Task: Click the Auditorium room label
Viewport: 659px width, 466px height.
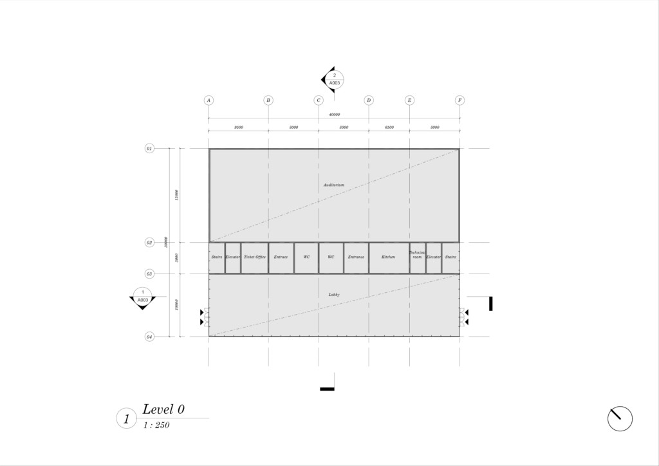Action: (333, 185)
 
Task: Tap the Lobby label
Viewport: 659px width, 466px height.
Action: (333, 294)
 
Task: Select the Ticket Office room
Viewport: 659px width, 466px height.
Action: (255, 257)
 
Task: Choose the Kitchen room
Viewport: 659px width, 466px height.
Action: (388, 257)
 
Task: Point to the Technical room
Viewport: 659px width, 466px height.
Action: (417, 257)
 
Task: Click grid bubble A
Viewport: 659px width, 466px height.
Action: (209, 100)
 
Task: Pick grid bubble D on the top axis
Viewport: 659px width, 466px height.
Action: (369, 100)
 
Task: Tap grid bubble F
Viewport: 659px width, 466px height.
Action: (459, 100)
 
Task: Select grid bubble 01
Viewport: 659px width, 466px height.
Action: (149, 149)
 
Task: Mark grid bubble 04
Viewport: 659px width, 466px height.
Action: (149, 336)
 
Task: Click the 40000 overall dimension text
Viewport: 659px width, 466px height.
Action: (334, 115)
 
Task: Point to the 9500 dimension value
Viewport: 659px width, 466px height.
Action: (238, 127)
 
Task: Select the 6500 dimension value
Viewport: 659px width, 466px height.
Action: (389, 127)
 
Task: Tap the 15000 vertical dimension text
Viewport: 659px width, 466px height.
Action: (176, 195)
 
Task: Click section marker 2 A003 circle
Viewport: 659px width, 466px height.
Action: (335, 79)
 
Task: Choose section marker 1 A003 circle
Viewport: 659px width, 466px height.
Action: (143, 296)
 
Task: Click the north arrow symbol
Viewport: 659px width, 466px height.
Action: (620, 418)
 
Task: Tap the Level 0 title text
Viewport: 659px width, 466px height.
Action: (163, 409)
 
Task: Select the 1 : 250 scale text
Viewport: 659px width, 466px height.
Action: (156, 425)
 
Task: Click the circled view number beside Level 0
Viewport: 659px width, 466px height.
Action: (126, 418)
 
